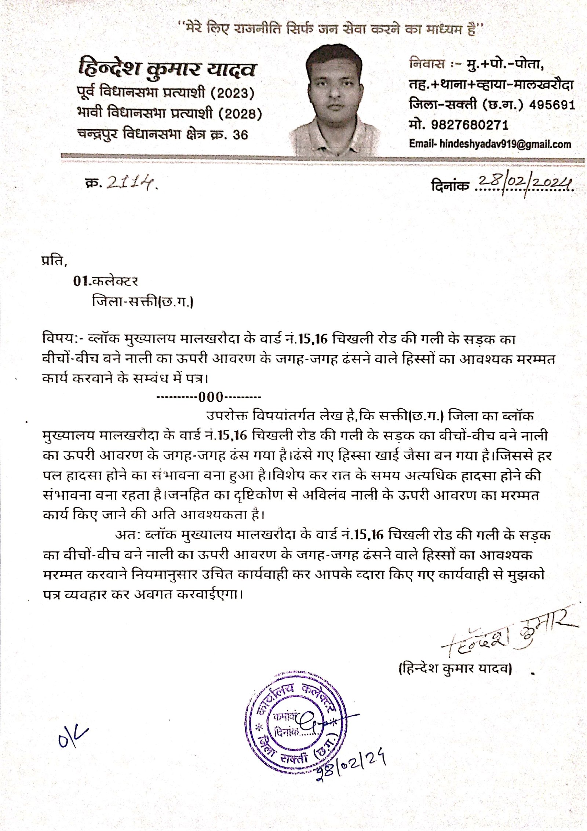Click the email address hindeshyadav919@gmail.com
coord(505,144)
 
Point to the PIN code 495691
coord(552,105)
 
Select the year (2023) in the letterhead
coord(232,93)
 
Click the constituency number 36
coord(240,135)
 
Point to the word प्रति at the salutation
coord(54,261)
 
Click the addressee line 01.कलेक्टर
coord(105,281)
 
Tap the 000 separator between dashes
coord(211,397)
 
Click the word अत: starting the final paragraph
coord(126,535)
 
